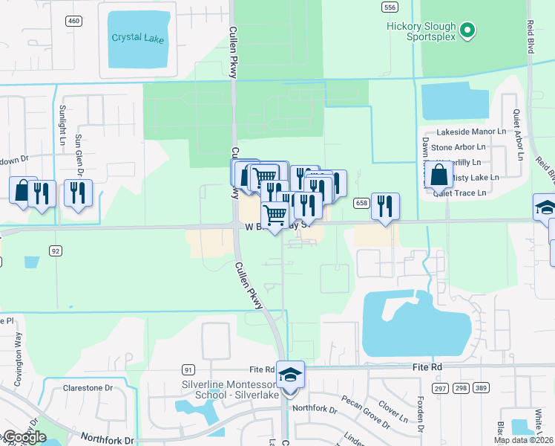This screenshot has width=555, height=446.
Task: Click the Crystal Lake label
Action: (137, 38)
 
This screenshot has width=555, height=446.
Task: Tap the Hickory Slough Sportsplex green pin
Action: (467, 31)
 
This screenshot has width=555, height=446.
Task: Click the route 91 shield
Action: (188, 369)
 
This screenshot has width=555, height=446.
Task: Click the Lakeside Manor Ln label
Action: (471, 131)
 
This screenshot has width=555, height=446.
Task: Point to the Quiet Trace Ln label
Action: (460, 193)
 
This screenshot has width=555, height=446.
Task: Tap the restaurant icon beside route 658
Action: (384, 206)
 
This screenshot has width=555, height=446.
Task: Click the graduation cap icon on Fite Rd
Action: (291, 375)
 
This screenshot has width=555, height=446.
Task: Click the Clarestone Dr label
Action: (88, 388)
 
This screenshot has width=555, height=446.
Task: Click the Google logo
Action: (24, 437)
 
